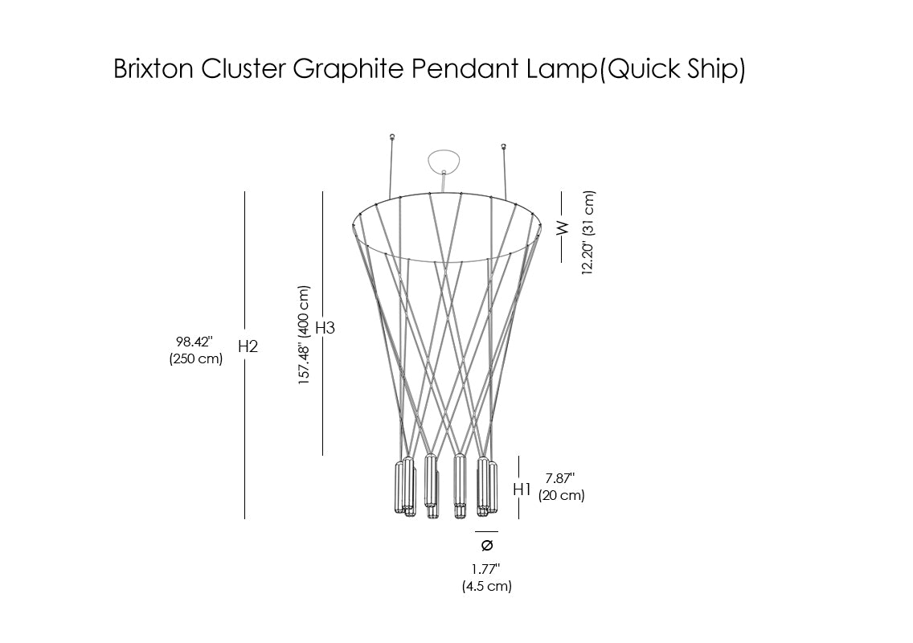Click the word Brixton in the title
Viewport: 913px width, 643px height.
[154, 68]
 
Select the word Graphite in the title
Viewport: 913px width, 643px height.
[348, 69]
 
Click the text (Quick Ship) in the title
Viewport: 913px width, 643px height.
[672, 70]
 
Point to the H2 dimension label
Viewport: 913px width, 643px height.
[248, 346]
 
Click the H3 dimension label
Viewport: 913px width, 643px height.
[325, 328]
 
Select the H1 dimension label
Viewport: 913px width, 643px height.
[522, 489]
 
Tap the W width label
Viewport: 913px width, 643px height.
[563, 227]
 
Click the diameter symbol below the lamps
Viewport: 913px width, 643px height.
[487, 545]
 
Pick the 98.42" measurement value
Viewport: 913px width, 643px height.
[194, 342]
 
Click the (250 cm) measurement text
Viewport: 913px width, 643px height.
[195, 358]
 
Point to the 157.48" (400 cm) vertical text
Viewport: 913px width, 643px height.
[304, 335]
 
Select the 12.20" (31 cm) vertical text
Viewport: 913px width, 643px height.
[588, 232]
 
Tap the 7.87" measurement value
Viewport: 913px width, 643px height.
[559, 478]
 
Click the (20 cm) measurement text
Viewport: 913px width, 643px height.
[561, 495]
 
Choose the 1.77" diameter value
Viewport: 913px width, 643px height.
[486, 569]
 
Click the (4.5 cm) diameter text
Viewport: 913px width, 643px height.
[487, 586]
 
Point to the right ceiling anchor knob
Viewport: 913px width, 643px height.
[504, 145]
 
